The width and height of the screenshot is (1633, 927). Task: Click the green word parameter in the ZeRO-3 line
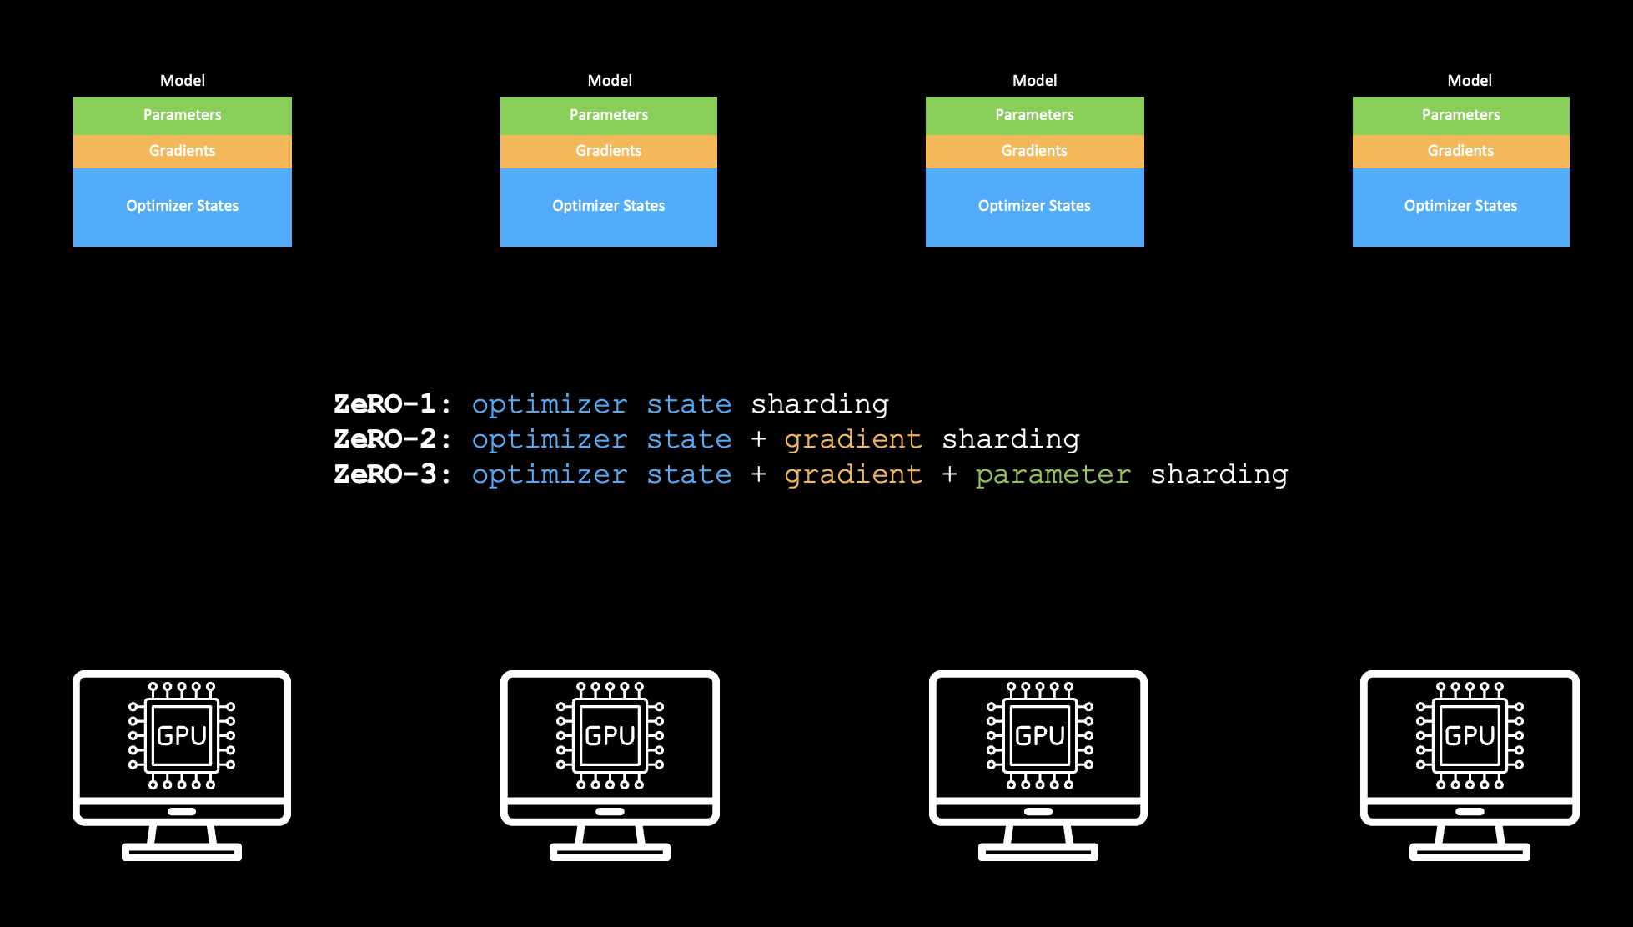[x=1053, y=475]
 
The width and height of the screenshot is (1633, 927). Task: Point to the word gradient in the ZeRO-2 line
[x=852, y=440]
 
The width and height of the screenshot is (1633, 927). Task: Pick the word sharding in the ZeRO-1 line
[x=819, y=404]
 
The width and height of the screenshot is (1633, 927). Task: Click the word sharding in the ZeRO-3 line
[x=1218, y=474]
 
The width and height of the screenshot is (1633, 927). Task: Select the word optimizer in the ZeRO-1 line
[x=549, y=405]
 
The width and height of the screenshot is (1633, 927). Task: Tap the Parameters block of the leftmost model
[x=183, y=115]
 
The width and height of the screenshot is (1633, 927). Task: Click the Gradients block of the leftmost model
[x=183, y=151]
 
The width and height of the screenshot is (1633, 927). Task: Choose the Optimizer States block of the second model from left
[x=609, y=207]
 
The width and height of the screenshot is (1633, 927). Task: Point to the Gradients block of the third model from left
[x=1034, y=151]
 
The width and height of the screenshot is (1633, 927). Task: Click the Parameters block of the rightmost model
[x=1460, y=115]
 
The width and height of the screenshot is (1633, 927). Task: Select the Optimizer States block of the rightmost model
[x=1460, y=207]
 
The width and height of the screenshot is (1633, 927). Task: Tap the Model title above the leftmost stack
[x=183, y=81]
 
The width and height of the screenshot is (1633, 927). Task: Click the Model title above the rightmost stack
[x=1470, y=81]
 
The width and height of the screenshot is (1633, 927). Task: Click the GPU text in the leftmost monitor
[x=182, y=736]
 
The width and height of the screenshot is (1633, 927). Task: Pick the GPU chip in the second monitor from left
[x=610, y=736]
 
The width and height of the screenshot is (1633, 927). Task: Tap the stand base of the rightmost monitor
[x=1470, y=852]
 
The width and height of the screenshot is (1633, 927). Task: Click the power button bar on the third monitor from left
[x=1038, y=811]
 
